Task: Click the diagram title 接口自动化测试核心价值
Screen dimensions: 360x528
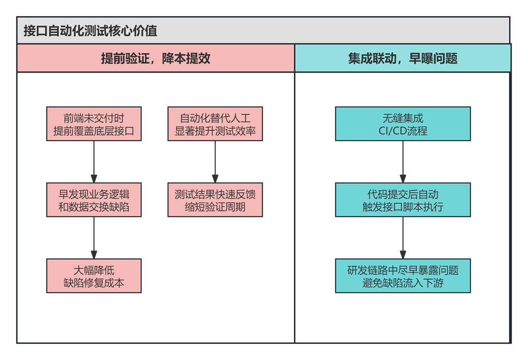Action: (x=90, y=31)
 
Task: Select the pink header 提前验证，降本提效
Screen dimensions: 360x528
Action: (x=156, y=58)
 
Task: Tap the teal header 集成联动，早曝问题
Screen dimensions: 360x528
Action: (x=402, y=58)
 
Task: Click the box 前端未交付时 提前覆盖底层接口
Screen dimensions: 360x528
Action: (x=94, y=124)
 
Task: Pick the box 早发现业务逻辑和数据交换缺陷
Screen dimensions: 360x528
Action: (x=94, y=200)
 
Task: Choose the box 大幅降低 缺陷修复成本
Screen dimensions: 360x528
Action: (x=94, y=276)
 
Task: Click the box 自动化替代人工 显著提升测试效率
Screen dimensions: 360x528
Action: (x=215, y=124)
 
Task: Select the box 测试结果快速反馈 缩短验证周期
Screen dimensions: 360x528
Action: (x=215, y=200)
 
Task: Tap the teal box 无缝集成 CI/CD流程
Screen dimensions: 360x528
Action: (x=403, y=124)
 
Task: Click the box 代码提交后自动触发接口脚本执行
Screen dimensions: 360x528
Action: (x=403, y=200)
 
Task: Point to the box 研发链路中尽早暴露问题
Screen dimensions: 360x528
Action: (x=403, y=276)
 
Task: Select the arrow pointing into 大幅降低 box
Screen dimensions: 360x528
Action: (x=94, y=237)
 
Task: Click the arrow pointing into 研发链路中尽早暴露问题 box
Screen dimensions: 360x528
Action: (x=403, y=237)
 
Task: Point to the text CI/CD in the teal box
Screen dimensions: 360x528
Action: (x=391, y=131)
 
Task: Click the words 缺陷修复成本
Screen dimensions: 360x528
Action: (x=94, y=283)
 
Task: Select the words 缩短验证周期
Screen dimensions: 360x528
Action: (x=215, y=207)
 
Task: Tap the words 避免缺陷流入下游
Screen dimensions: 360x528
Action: (x=403, y=283)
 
